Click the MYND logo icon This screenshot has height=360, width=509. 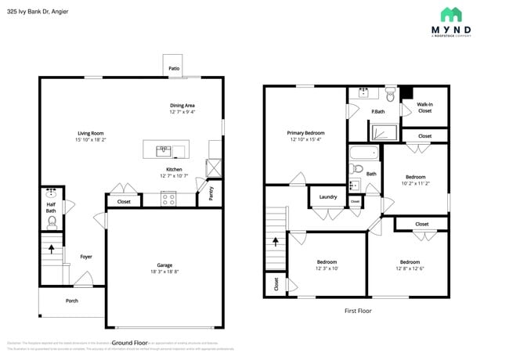451,14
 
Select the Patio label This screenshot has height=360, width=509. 173,68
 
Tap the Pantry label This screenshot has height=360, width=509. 211,191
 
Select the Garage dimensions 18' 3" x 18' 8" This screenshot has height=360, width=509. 164,272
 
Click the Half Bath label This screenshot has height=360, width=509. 51,207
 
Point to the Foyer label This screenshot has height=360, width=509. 86,256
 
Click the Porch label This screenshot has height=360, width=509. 72,301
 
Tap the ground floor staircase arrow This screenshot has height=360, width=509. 52,250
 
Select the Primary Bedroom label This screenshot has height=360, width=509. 305,133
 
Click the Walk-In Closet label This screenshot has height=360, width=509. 424,107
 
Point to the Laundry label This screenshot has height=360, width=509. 327,197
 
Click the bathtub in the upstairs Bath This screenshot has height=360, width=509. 364,153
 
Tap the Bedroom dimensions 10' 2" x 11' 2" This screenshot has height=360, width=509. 415,184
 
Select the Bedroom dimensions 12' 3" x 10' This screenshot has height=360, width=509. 327,268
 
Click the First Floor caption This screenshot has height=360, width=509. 358,311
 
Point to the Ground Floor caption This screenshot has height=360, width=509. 129,343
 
